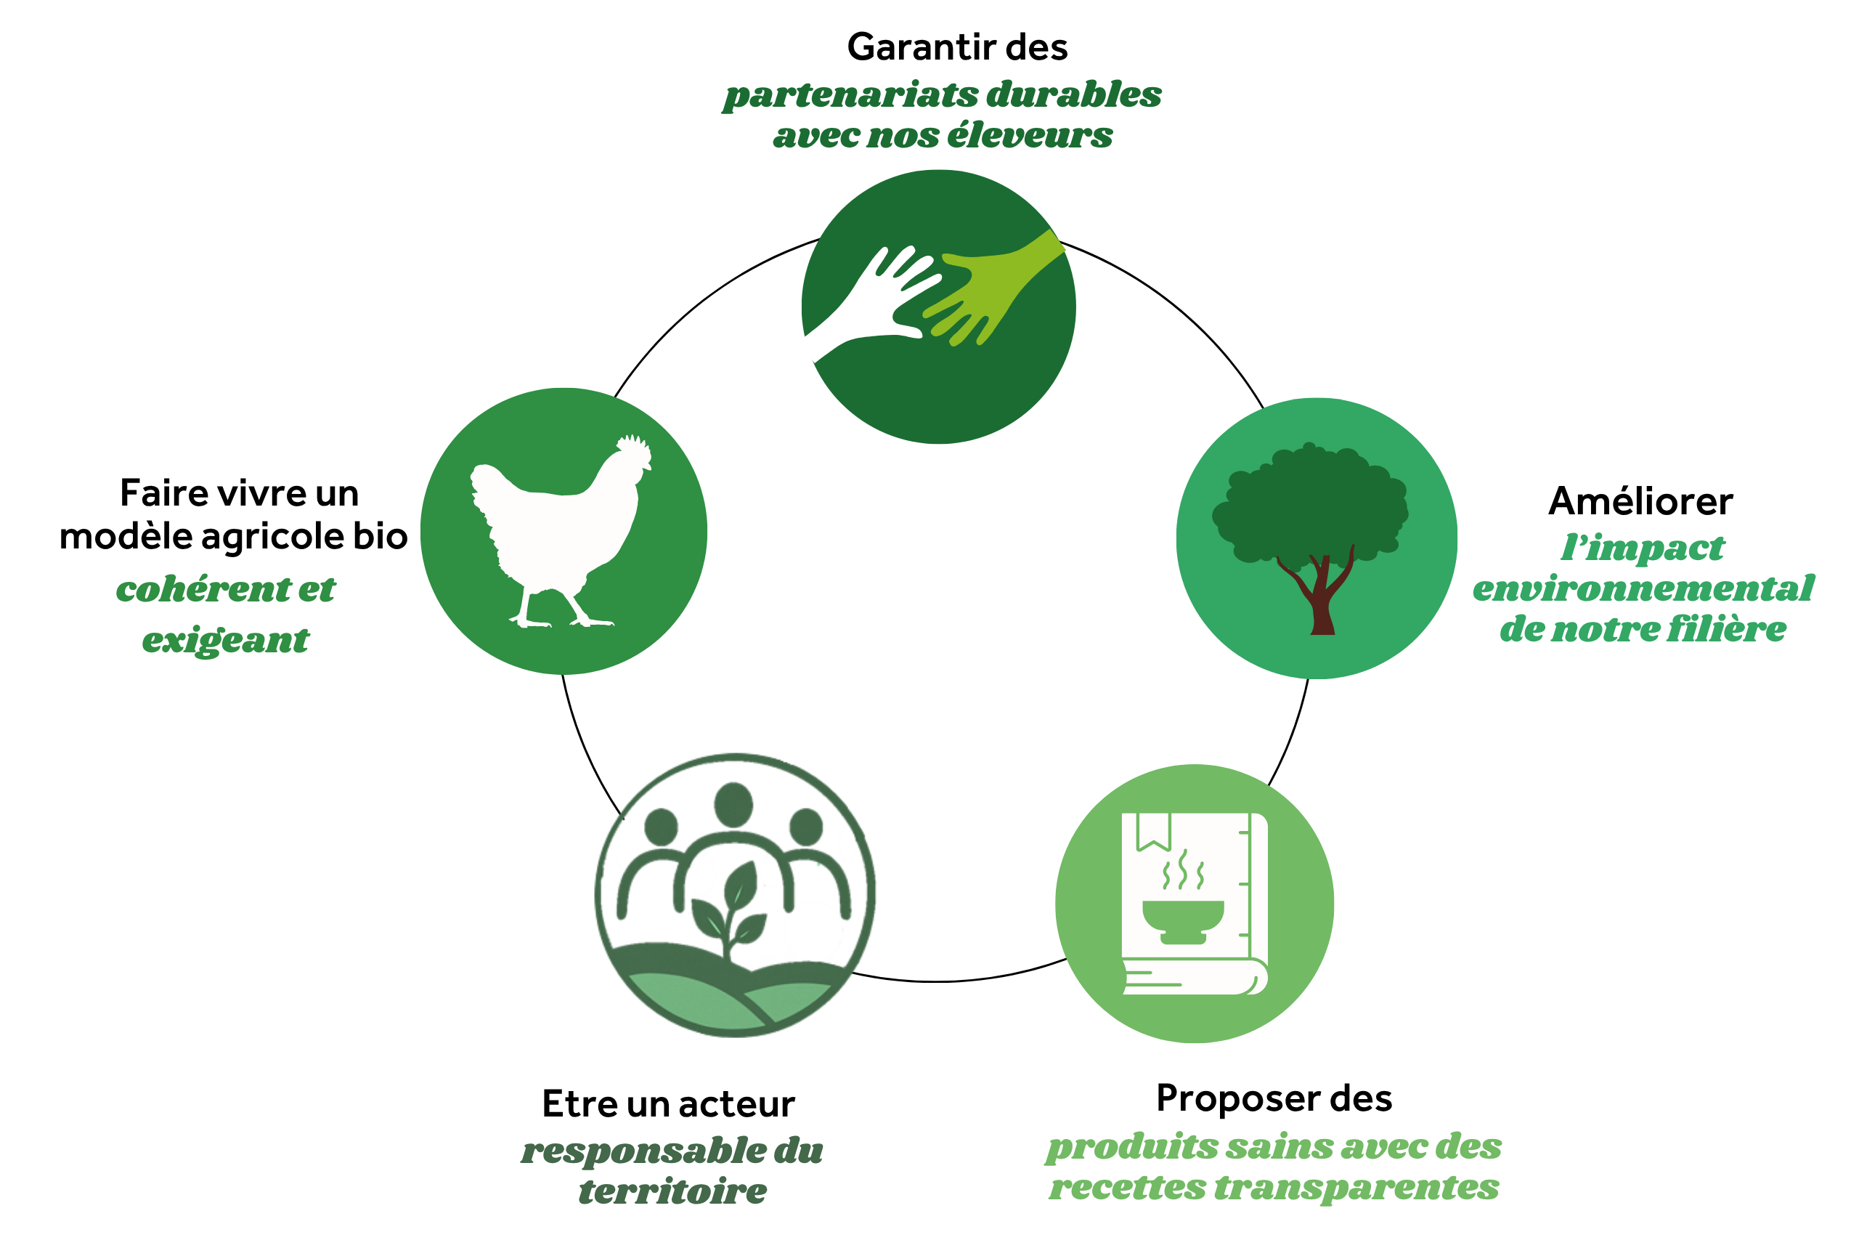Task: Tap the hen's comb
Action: [x=635, y=451]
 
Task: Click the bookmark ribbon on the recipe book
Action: [x=1153, y=830]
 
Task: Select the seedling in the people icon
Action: [x=732, y=909]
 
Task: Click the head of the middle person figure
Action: [x=733, y=804]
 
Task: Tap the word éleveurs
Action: [x=1030, y=135]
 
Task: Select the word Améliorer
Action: [x=1640, y=501]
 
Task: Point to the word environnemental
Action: [x=1643, y=588]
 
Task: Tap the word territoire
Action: [x=672, y=1191]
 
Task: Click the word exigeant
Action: [x=226, y=641]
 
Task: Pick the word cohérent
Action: [x=204, y=589]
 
